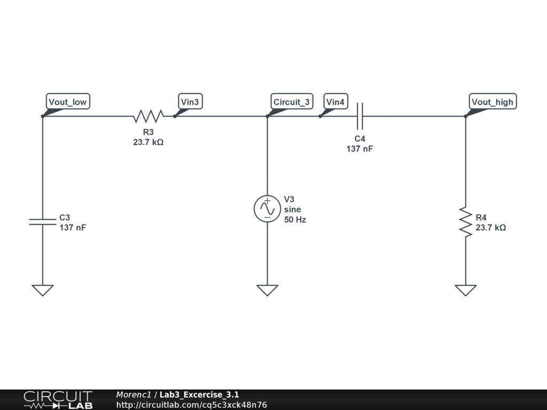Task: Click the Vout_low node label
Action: pyautogui.click(x=67, y=102)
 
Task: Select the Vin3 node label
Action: pyautogui.click(x=191, y=102)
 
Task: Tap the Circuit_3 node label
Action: pyautogui.click(x=291, y=102)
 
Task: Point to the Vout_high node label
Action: pyautogui.click(x=492, y=102)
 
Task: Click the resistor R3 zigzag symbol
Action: pyautogui.click(x=149, y=116)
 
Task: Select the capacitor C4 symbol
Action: pyautogui.click(x=360, y=116)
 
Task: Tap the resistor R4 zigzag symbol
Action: pyautogui.click(x=465, y=222)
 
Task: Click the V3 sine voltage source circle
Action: pyautogui.click(x=267, y=209)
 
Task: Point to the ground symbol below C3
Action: pyautogui.click(x=42, y=290)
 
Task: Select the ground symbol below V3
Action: pyautogui.click(x=267, y=290)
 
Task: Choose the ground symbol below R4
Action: pyautogui.click(x=465, y=290)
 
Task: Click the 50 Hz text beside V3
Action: pyautogui.click(x=295, y=219)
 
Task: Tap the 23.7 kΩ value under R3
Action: pyautogui.click(x=148, y=143)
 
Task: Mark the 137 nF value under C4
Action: pyautogui.click(x=360, y=149)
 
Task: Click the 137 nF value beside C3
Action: pyautogui.click(x=73, y=227)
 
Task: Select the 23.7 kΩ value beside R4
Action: pyautogui.click(x=490, y=227)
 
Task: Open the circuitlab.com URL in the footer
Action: pyautogui.click(x=191, y=405)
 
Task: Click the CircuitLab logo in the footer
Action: pyautogui.click(x=58, y=400)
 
